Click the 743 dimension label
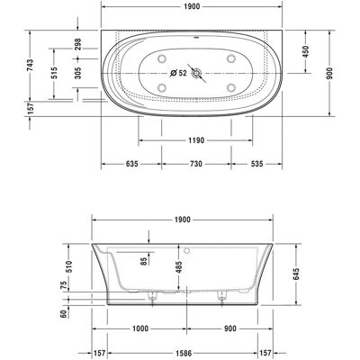[x=31, y=66]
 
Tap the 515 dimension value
[x=54, y=73]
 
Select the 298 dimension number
[x=77, y=44]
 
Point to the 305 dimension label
[x=77, y=73]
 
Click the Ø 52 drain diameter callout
[x=178, y=73]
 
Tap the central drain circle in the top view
[x=197, y=73]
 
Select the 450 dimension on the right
[x=305, y=51]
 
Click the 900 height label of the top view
[x=329, y=73]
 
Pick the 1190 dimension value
[x=196, y=140]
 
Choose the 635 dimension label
[x=131, y=164]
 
